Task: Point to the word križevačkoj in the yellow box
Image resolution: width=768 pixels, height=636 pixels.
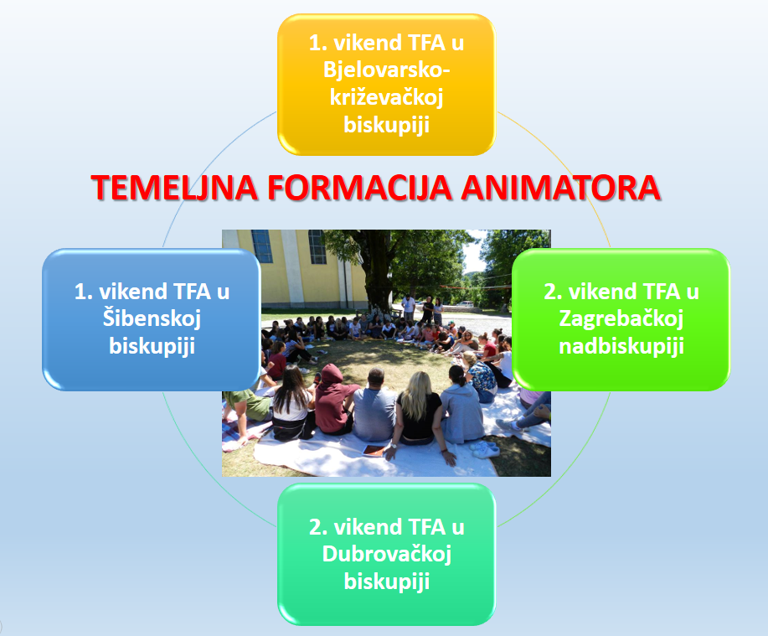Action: tap(386, 98)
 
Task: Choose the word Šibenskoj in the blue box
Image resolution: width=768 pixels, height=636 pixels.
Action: tap(152, 319)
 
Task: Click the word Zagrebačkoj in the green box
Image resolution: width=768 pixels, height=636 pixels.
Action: tap(621, 319)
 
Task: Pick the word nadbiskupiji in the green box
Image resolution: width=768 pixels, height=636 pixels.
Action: tap(621, 346)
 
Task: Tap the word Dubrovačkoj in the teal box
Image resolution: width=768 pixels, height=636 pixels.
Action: tap(386, 555)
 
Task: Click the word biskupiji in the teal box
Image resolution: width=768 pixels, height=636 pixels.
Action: tap(386, 582)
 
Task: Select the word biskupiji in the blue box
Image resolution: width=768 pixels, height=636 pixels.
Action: tap(152, 346)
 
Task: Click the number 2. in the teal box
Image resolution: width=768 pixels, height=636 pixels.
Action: tap(318, 528)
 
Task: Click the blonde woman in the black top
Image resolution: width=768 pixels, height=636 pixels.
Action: tap(416, 415)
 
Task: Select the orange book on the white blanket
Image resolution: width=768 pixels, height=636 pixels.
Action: tap(375, 451)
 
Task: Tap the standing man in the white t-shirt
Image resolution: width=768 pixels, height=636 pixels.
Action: tap(408, 308)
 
